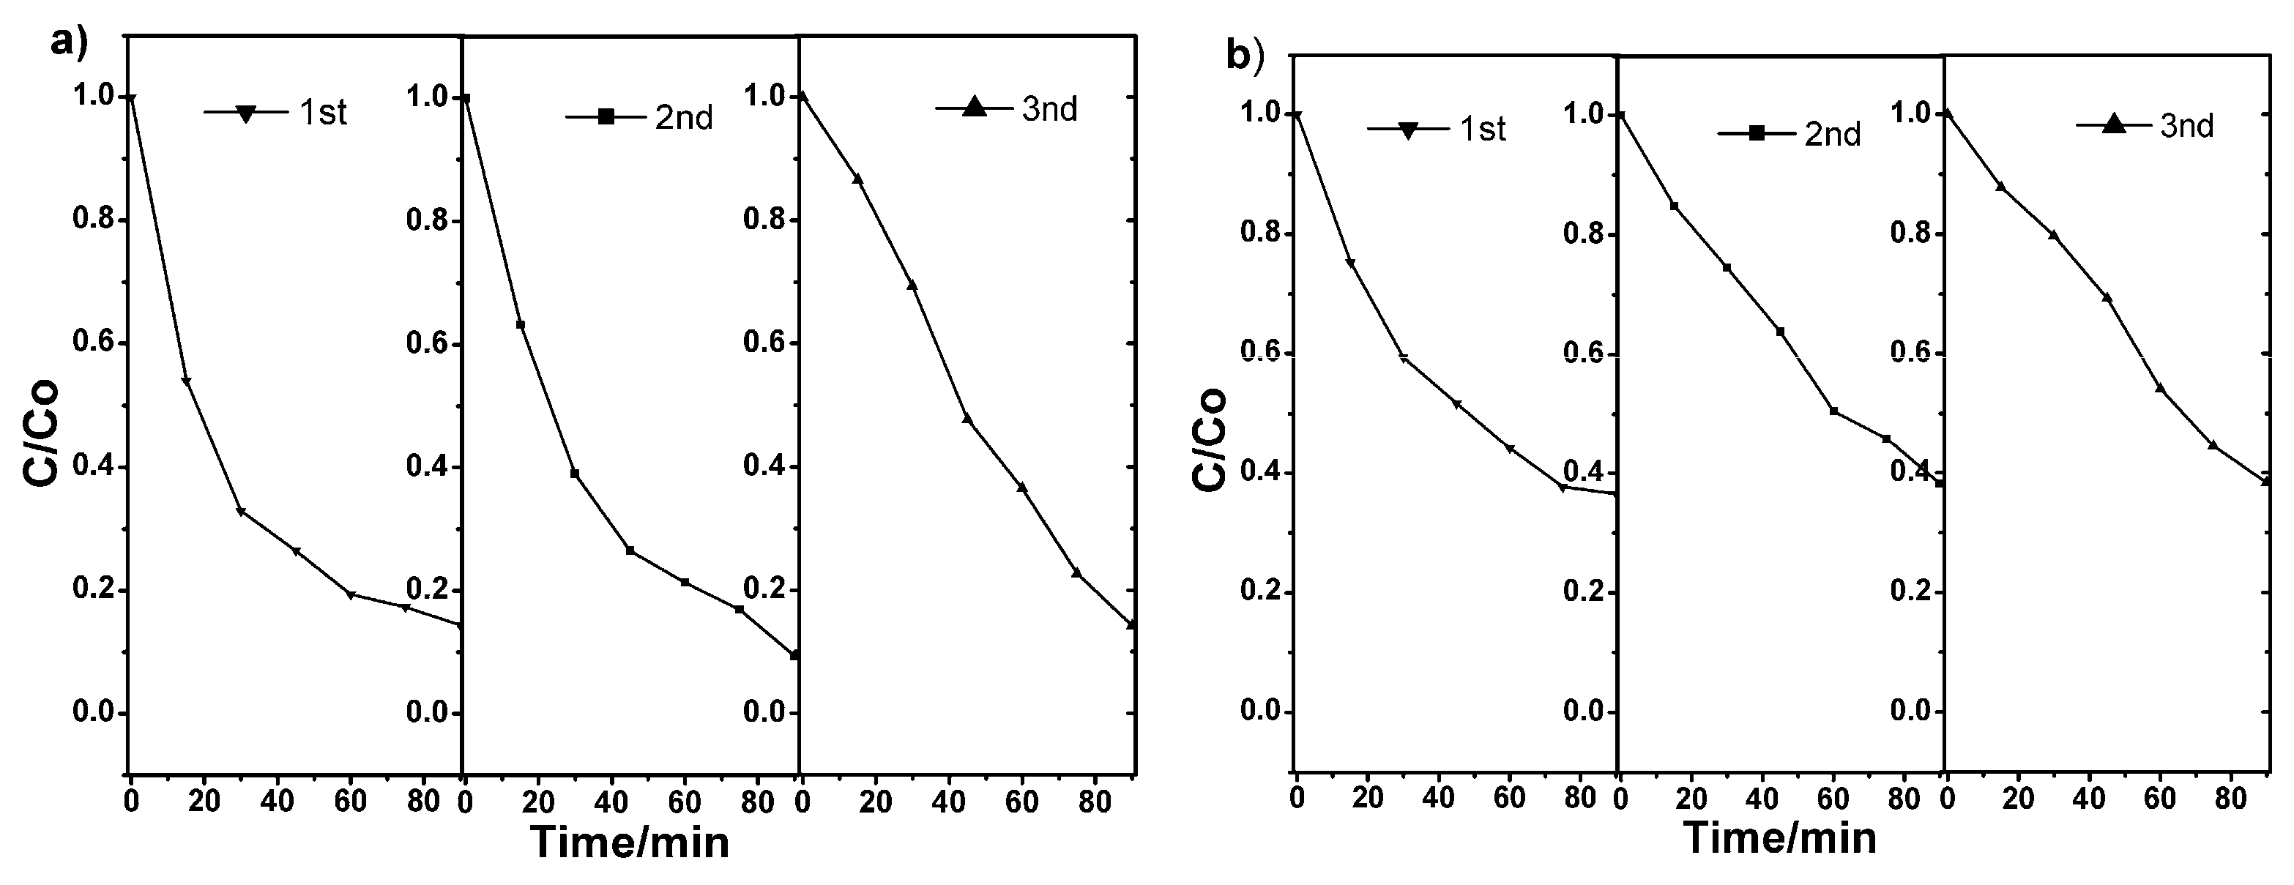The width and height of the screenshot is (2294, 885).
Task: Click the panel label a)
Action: pyautogui.click(x=69, y=42)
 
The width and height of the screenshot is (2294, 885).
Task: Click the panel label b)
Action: pyautogui.click(x=1245, y=56)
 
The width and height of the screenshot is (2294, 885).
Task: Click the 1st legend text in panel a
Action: pyautogui.click(x=322, y=113)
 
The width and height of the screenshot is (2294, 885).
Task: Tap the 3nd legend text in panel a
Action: pyautogui.click(x=1049, y=110)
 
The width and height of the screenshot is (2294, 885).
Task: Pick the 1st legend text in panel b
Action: pyautogui.click(x=1483, y=130)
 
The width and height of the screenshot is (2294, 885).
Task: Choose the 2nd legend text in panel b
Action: pyautogui.click(x=1833, y=135)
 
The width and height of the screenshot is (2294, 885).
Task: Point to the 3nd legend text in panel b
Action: pyautogui.click(x=2186, y=127)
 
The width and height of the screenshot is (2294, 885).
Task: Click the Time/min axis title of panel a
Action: pyautogui.click(x=630, y=843)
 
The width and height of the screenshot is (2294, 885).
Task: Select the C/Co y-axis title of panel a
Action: pyautogui.click(x=41, y=431)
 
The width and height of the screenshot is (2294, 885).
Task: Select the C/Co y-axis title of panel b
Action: pyautogui.click(x=1210, y=439)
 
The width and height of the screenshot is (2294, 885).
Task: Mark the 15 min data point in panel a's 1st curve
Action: pyautogui.click(x=186, y=381)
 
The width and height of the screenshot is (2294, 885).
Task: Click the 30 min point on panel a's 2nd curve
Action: pyautogui.click(x=574, y=474)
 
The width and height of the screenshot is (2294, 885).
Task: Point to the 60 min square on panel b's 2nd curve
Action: pyautogui.click(x=1833, y=411)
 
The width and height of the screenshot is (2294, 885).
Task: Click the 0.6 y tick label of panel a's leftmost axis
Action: pyautogui.click(x=95, y=343)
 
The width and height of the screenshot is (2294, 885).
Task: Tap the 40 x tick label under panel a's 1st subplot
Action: pyautogui.click(x=277, y=802)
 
